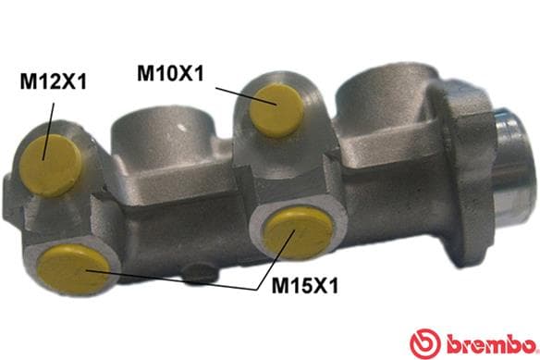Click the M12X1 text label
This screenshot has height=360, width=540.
53,81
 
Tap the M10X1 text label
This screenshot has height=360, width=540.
170,73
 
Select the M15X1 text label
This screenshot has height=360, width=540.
305,285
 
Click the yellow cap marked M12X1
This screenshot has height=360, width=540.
50,165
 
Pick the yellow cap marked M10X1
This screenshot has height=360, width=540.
276,109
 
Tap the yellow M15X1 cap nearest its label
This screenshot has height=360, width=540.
299,232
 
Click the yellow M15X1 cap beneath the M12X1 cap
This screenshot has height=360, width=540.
74,269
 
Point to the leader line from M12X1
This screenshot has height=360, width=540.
48,131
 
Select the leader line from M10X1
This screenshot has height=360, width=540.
246,96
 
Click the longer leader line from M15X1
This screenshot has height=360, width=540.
171,280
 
